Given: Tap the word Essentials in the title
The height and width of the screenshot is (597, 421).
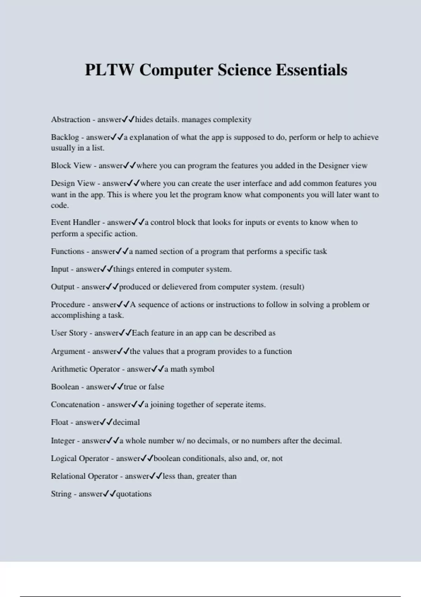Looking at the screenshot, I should [311, 70].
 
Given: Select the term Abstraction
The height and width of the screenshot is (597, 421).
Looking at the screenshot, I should [71, 120].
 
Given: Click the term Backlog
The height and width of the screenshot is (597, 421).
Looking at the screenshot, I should [65, 137].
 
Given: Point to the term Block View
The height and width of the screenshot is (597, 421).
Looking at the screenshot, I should [71, 166].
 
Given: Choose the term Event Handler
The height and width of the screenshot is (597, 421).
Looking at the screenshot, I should [75, 222].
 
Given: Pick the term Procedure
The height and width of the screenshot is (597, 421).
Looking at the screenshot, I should [68, 304].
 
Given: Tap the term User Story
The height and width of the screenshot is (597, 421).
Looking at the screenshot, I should [69, 333].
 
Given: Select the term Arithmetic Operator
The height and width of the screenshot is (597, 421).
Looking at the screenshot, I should [85, 369].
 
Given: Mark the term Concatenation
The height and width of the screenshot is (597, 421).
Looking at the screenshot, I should [75, 405].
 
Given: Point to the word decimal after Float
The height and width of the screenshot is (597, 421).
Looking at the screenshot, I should [126, 422].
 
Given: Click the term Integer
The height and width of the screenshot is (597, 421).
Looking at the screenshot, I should [63, 441].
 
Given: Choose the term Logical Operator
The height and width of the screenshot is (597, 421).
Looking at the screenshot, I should [80, 459].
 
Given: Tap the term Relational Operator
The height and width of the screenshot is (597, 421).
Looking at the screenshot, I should [84, 476].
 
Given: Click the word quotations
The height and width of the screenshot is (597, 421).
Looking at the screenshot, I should [134, 494].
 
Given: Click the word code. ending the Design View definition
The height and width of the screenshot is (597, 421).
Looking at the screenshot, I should [60, 205].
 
